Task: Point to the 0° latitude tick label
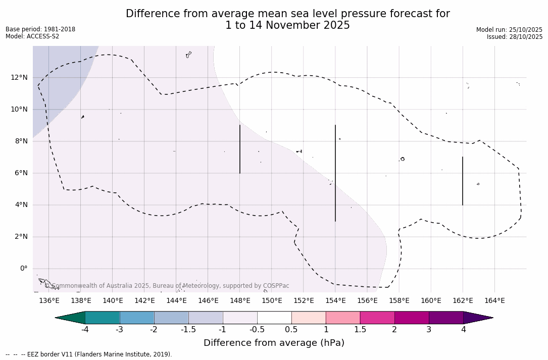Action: [24, 269]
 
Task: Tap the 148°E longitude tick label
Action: [240, 301]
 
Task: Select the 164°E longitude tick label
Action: [494, 301]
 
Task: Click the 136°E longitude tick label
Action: [49, 301]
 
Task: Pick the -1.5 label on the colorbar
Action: [188, 330]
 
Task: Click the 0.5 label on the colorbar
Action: [291, 330]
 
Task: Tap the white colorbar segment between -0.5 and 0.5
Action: [274, 318]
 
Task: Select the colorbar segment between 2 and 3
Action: [412, 318]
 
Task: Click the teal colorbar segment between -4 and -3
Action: [103, 318]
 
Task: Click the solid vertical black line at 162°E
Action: [463, 181]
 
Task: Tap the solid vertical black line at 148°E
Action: [240, 149]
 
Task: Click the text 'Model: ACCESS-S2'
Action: [32, 36]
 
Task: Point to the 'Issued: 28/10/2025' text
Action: [515, 37]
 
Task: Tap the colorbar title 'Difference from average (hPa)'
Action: [274, 343]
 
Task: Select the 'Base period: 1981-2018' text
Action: [40, 29]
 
